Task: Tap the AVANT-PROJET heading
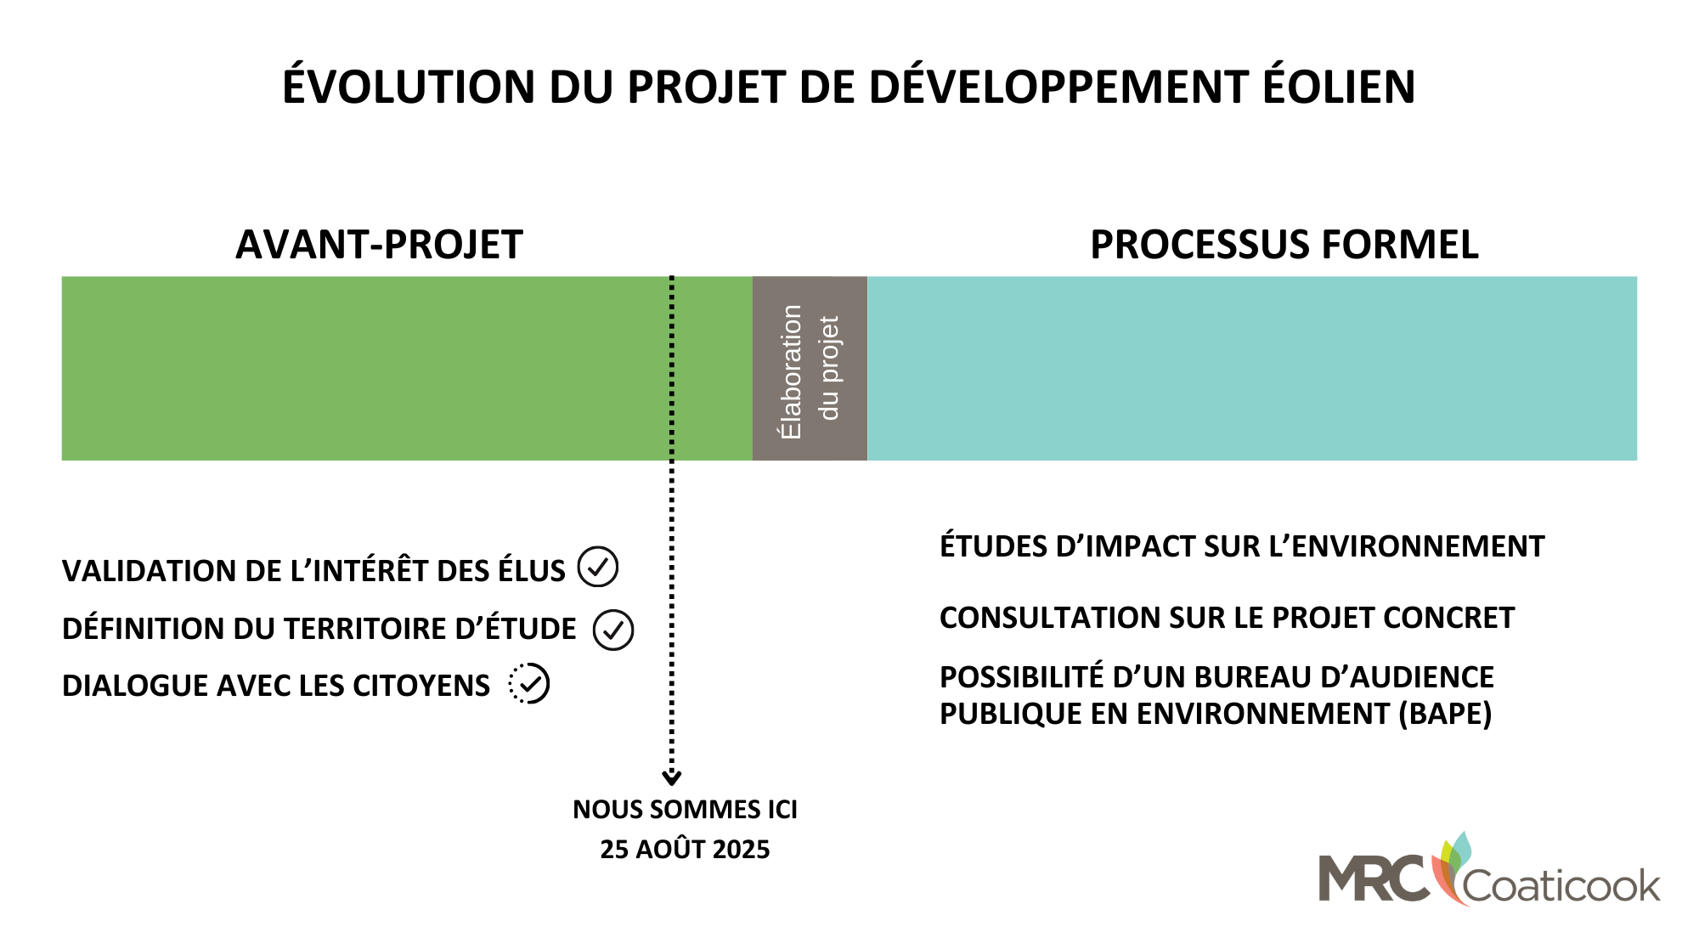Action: [x=379, y=245]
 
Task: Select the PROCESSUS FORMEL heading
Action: [x=1284, y=245]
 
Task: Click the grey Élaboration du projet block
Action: [x=810, y=369]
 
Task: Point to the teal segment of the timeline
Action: [x=1252, y=369]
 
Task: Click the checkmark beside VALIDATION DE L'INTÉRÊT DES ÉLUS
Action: [x=598, y=567]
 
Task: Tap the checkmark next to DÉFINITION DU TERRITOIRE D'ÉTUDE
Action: [x=613, y=630]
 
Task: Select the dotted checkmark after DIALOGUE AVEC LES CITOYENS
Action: [x=529, y=684]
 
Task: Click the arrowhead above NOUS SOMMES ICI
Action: [x=672, y=777]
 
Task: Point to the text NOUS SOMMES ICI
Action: [x=686, y=810]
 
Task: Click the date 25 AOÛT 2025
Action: [x=685, y=849]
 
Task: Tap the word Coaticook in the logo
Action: [x=1561, y=886]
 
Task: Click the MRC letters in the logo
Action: [x=1374, y=878]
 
